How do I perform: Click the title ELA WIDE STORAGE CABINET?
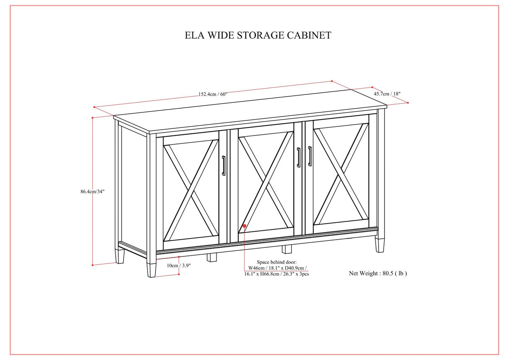(258, 35)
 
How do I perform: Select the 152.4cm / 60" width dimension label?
(213, 94)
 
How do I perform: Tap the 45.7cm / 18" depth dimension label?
(390, 94)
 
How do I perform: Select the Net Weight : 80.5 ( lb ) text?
(378, 273)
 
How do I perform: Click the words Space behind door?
(276, 262)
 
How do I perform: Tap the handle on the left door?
(224, 165)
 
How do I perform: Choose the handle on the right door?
(310, 156)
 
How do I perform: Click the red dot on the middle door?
(244, 226)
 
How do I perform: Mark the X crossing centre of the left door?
(190, 191)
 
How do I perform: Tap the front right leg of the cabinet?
(380, 245)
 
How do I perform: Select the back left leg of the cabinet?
(120, 255)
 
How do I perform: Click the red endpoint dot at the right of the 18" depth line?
(408, 102)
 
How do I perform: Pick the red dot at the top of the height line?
(92, 118)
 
